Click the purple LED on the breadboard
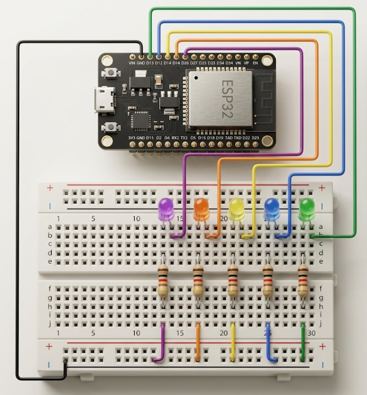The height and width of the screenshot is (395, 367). point(165,209)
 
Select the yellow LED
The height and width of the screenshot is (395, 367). point(237,208)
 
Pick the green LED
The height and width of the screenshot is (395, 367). point(307,208)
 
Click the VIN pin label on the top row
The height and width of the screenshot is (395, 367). point(132,63)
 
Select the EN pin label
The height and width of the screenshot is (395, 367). point(255,63)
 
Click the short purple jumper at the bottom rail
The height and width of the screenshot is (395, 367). point(162,343)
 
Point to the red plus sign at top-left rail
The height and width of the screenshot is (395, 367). point(50,188)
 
